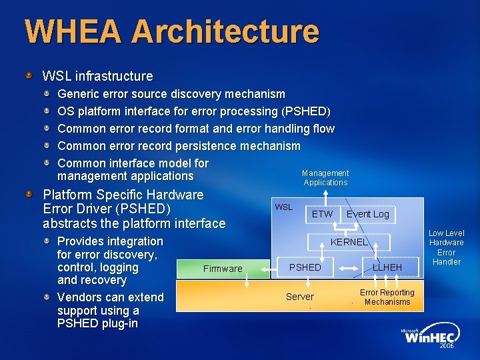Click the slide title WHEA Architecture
pos(172,31)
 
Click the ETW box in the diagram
pos(322,214)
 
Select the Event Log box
pos(367,214)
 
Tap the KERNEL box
pos(349,242)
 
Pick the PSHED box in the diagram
pos(305,267)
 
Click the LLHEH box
pos(387,267)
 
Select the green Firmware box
pos(223,269)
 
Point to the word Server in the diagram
pos(299,297)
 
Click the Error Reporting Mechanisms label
pos(387,297)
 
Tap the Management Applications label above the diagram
pos(325,177)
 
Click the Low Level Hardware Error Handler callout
pos(446,247)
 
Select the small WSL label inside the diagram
pos(284,207)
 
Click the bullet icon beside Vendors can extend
pos(47,297)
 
